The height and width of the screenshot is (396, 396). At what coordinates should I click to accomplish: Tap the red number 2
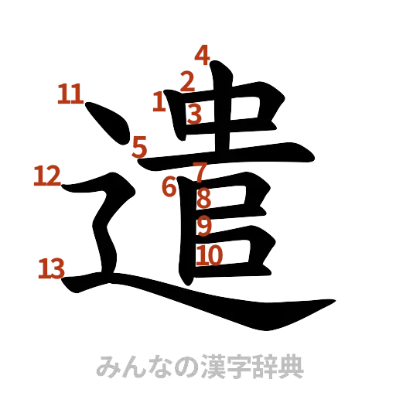click(x=187, y=80)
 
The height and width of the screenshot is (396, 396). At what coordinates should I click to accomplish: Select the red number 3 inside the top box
click(x=194, y=114)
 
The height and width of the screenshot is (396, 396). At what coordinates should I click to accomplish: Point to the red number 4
click(x=202, y=55)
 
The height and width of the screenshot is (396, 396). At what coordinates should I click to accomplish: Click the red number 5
click(x=139, y=145)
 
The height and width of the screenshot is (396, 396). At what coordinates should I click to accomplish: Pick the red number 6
click(x=169, y=186)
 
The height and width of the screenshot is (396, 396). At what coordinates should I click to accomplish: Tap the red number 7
click(x=200, y=172)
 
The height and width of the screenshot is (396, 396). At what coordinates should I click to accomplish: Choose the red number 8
click(x=203, y=199)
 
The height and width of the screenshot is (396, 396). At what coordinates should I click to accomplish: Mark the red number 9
click(x=204, y=226)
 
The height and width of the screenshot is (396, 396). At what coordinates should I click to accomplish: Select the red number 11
click(x=70, y=95)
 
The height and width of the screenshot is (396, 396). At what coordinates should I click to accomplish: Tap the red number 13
click(x=52, y=269)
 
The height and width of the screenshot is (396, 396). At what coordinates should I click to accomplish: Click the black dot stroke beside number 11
click(x=108, y=124)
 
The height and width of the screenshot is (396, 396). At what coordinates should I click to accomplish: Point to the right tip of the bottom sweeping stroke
click(x=333, y=302)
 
